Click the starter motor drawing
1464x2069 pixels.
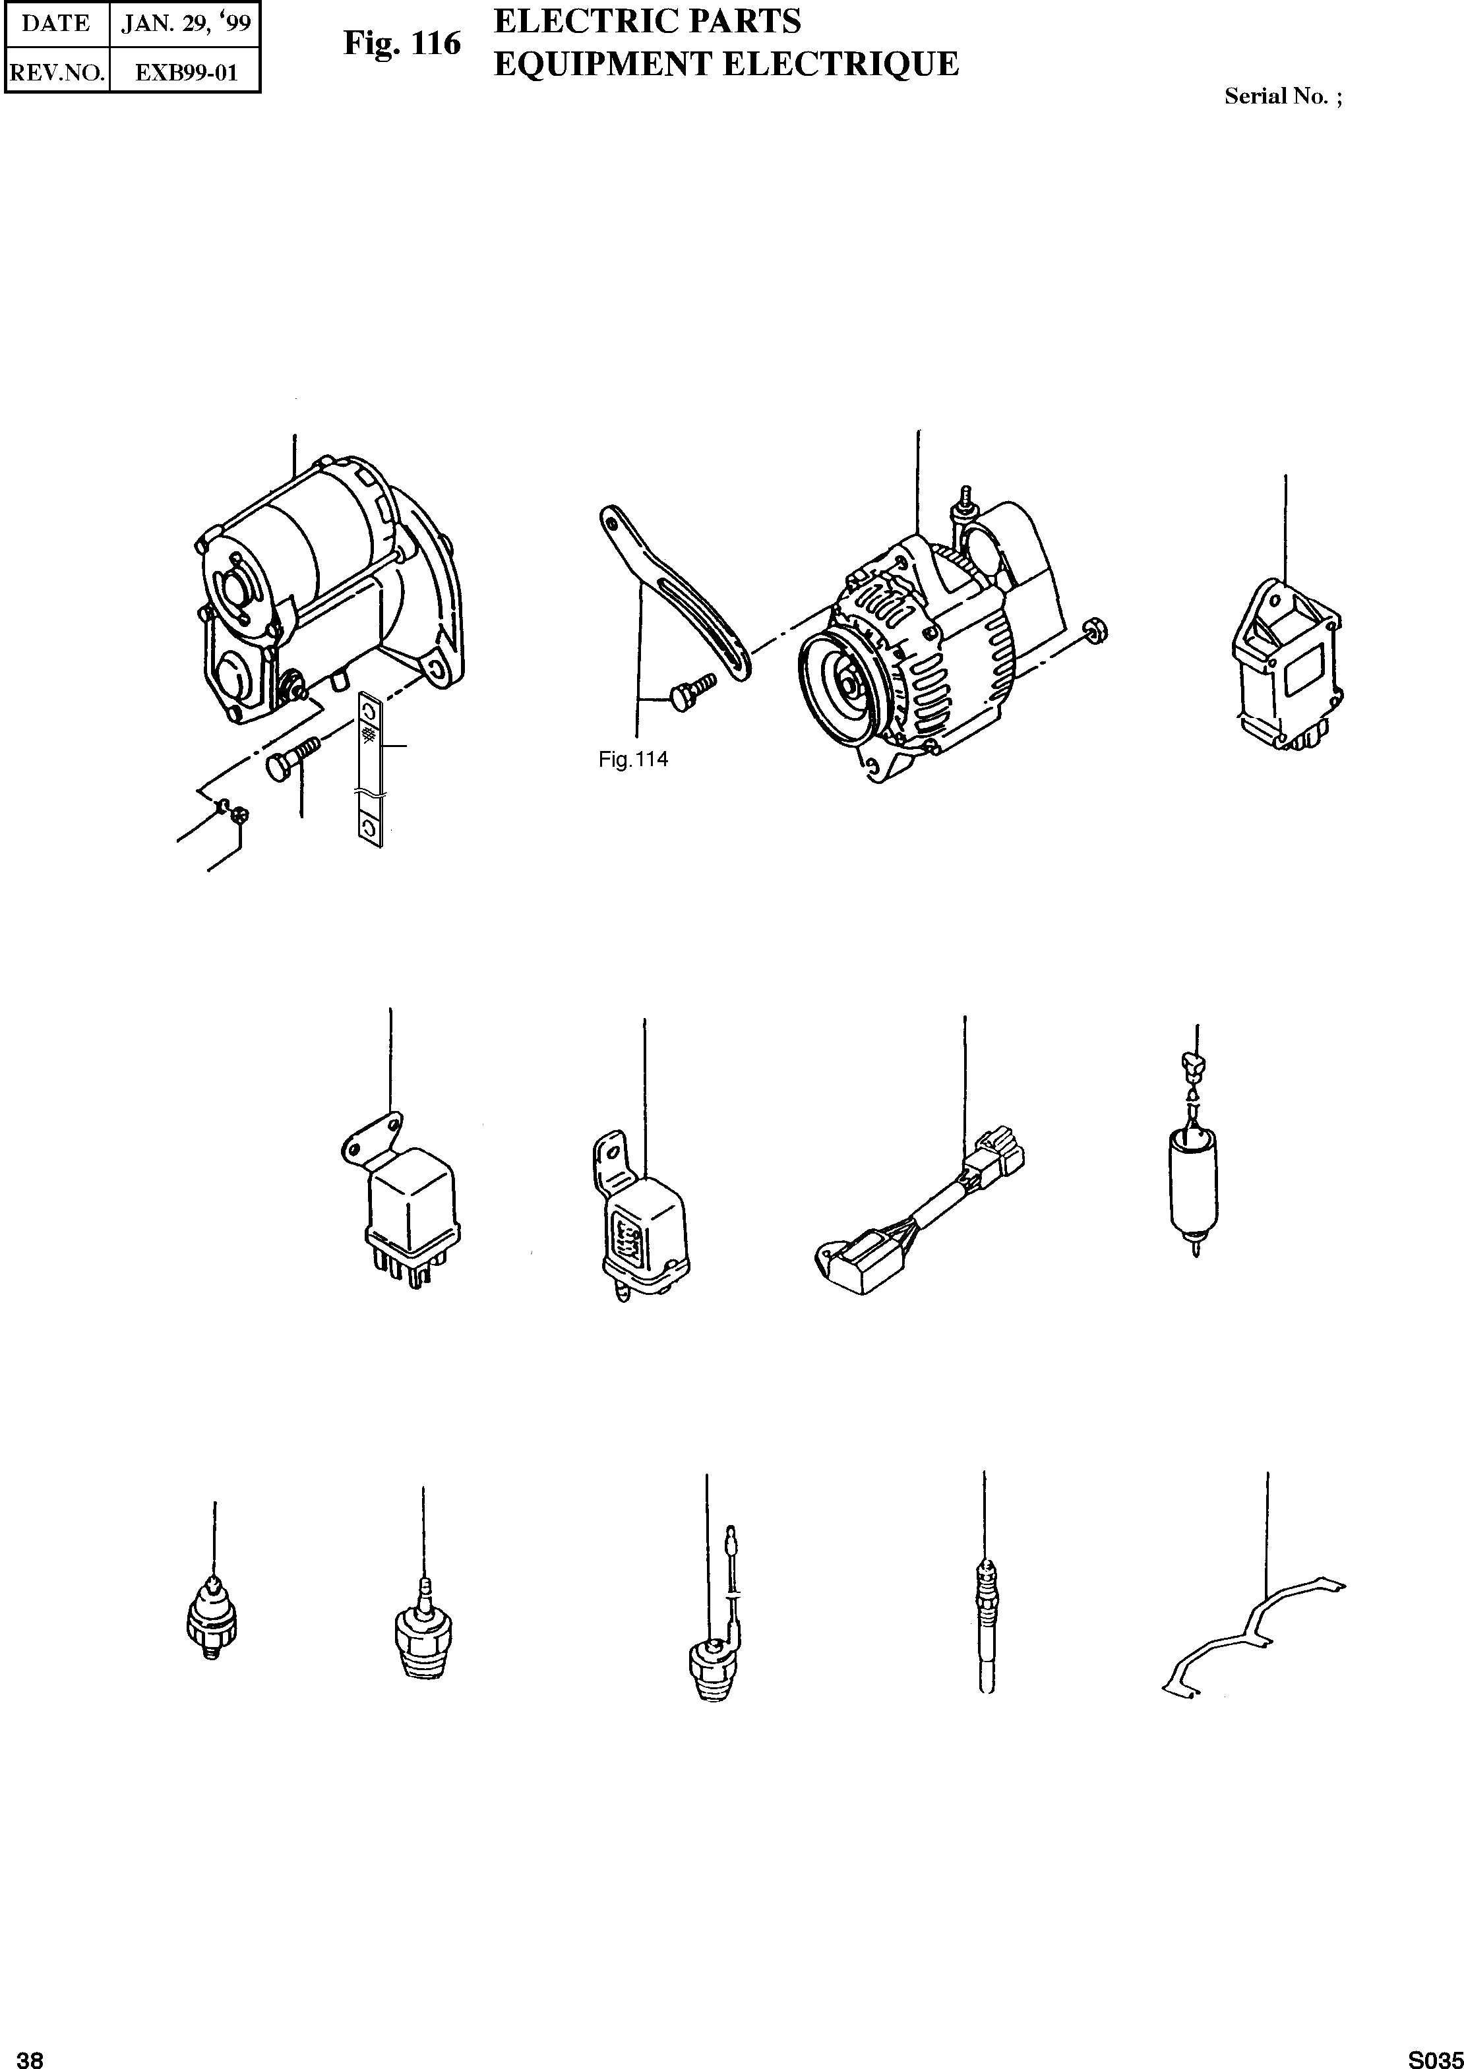(324, 595)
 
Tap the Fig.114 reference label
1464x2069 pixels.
(633, 760)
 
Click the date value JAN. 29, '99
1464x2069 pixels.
(185, 24)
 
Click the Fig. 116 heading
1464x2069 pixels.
(402, 44)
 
